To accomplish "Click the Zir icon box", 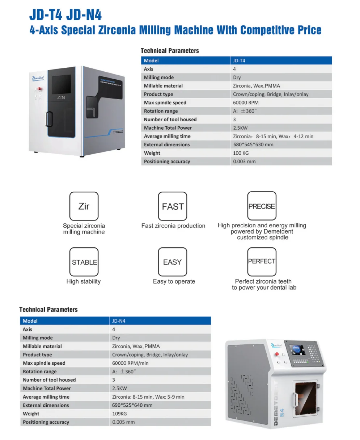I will click(x=84, y=206).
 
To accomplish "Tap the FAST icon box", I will click(x=173, y=206).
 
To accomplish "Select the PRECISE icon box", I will click(x=262, y=206).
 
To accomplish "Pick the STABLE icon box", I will click(x=84, y=262).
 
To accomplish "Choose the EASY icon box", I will click(x=173, y=262).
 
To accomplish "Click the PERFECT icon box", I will click(x=262, y=261).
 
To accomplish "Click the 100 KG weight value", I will click(x=241, y=153).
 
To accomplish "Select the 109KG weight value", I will click(x=119, y=414).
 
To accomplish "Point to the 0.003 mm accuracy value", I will click(x=244, y=162).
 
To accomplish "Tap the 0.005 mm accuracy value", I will click(x=123, y=422).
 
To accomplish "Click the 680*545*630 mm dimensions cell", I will click(x=253, y=144).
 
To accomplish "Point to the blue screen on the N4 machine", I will click(x=297, y=350).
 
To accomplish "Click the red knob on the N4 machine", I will click(x=277, y=354).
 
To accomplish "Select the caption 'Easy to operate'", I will click(x=174, y=281).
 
